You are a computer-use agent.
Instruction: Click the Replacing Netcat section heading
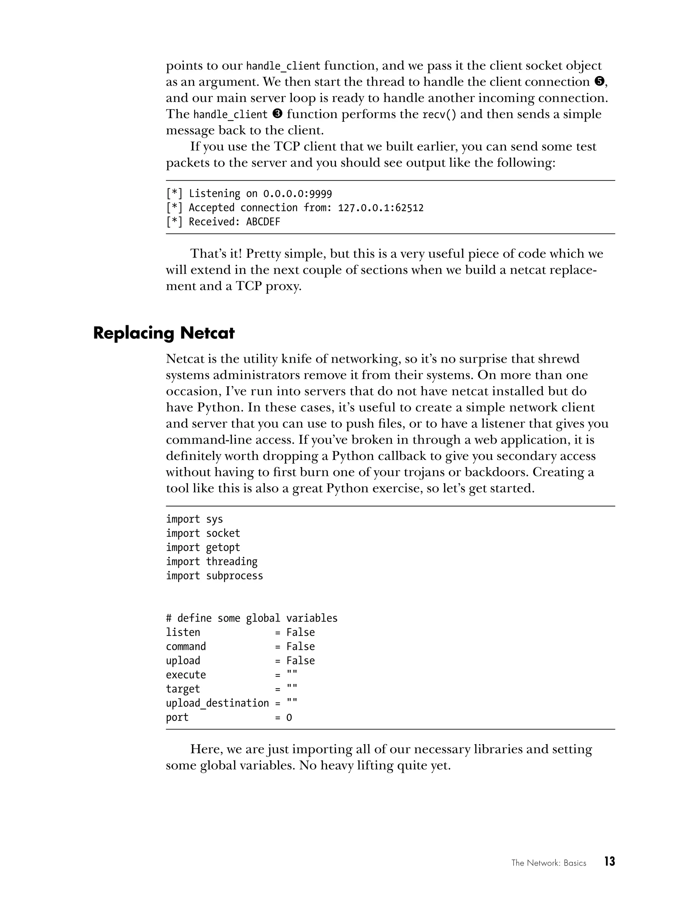(164, 333)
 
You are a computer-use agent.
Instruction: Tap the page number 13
(609, 861)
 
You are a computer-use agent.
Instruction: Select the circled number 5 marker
(599, 82)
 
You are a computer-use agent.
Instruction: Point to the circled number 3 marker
(278, 114)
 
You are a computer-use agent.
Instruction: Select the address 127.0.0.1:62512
(381, 208)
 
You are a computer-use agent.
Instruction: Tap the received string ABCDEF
(263, 222)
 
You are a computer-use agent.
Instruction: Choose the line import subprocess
(214, 576)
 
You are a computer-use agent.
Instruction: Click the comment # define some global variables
(251, 618)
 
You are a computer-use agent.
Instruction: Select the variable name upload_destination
(217, 703)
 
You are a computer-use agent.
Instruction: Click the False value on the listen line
(300, 633)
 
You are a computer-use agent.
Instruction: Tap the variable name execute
(186, 675)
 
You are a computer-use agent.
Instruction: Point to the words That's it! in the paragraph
(216, 254)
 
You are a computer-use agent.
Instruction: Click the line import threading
(211, 562)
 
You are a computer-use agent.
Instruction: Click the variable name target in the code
(183, 689)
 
